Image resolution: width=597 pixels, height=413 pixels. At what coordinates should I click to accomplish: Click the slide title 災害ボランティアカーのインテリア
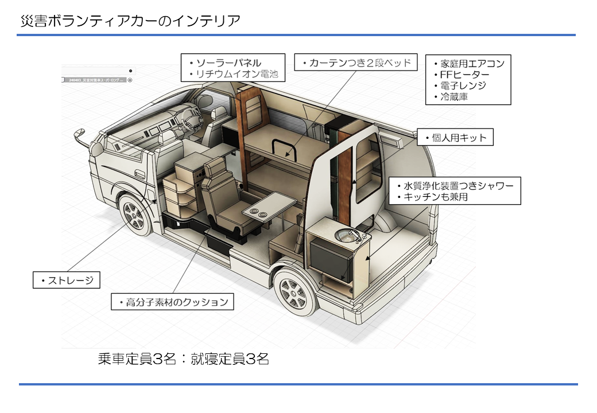click(x=129, y=21)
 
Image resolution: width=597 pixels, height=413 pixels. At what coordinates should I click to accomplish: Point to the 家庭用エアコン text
click(x=472, y=63)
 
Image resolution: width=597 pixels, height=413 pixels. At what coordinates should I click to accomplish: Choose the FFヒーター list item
click(x=464, y=75)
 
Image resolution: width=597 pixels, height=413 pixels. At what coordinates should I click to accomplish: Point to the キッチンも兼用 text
click(x=436, y=197)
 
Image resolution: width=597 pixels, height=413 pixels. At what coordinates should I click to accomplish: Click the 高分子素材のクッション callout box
click(x=173, y=302)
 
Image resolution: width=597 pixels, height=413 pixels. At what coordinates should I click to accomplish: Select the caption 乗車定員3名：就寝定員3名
click(x=183, y=359)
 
